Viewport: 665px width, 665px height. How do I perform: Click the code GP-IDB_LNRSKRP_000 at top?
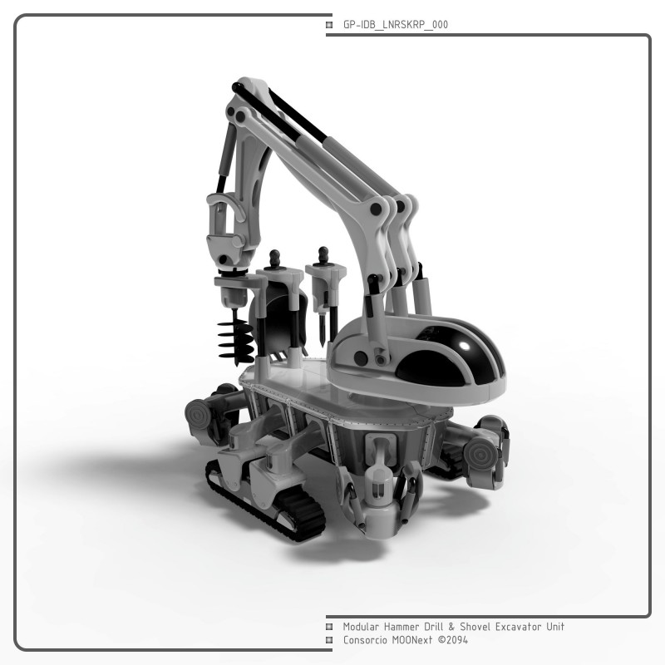coord(396,25)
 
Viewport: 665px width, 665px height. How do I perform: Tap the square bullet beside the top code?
coord(329,25)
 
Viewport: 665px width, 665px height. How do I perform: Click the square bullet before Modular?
coord(329,627)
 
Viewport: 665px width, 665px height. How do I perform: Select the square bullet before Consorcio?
coord(329,640)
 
